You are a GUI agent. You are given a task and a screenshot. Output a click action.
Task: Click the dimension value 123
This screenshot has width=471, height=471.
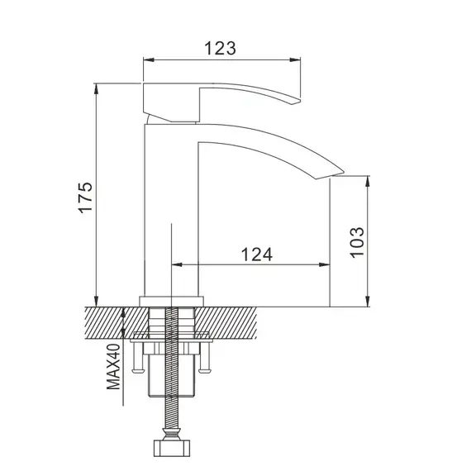[221, 48]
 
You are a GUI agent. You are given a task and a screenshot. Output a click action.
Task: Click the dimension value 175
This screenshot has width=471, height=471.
[86, 197]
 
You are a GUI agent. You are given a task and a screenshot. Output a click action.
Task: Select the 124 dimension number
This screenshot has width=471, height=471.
[257, 255]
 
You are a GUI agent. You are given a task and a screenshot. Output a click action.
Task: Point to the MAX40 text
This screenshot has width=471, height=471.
[114, 368]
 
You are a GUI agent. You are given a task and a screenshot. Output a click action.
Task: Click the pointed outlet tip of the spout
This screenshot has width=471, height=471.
[339, 171]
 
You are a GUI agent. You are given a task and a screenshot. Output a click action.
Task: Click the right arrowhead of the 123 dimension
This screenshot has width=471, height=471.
[297, 59]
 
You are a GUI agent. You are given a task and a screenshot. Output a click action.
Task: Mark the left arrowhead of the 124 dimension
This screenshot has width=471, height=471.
[176, 265]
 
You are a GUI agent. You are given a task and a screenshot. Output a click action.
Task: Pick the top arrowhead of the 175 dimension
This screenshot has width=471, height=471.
[98, 85]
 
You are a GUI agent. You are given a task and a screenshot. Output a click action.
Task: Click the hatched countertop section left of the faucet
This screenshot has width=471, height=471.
[107, 321]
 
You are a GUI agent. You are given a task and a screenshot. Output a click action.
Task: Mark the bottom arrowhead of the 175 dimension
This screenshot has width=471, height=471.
[98, 302]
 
